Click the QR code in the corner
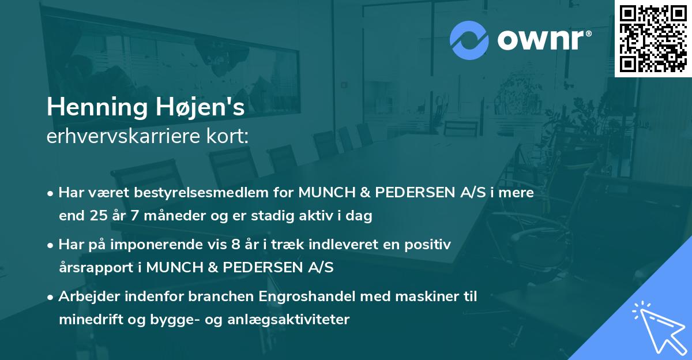(653, 38)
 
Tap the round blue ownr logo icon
(469, 40)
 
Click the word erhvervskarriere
(115, 136)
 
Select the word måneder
(164, 216)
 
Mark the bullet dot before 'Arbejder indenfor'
(51, 297)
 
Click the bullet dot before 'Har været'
(51, 194)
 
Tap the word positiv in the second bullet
(429, 245)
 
